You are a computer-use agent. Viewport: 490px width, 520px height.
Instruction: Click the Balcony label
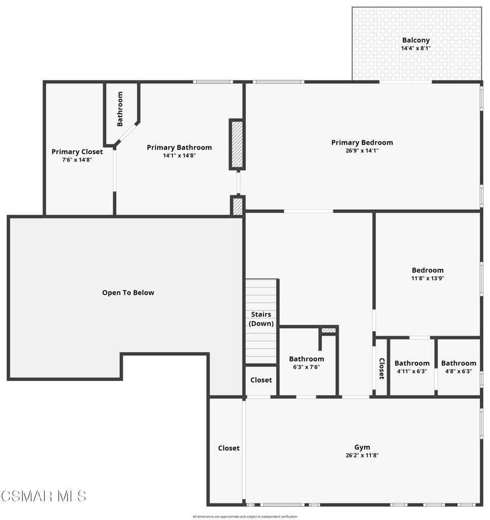[416, 40]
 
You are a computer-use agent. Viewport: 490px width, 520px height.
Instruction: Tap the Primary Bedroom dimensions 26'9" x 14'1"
[362, 150]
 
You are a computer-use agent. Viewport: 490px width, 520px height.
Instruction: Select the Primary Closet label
[77, 152]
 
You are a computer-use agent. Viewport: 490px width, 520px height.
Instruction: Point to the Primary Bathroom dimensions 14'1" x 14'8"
[179, 155]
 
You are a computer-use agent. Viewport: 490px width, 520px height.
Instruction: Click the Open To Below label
[128, 292]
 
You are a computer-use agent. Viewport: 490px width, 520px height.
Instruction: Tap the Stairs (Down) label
[261, 319]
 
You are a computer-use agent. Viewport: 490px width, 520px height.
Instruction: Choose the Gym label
[362, 447]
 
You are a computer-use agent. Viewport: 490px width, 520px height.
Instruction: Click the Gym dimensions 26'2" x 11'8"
[362, 456]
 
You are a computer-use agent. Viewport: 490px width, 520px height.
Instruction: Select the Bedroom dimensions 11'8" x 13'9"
[428, 279]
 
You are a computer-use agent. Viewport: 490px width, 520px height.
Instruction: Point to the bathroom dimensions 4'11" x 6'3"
[412, 371]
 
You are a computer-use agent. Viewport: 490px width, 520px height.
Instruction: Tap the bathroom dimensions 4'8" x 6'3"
[459, 371]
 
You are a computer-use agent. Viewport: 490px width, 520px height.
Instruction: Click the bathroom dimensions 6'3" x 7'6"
[306, 367]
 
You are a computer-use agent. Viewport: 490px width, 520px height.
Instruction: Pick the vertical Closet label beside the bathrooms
[381, 369]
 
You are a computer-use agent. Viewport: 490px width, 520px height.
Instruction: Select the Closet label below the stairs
[261, 380]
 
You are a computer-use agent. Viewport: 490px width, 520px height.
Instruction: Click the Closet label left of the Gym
[229, 448]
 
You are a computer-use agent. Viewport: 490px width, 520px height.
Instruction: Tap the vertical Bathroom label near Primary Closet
[120, 109]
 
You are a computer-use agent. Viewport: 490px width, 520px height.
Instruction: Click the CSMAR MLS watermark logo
[44, 497]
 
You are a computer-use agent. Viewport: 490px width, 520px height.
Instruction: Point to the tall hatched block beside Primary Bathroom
[237, 144]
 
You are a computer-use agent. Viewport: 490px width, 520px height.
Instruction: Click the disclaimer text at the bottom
[245, 516]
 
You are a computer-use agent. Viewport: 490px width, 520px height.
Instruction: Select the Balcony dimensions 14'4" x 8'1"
[416, 48]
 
